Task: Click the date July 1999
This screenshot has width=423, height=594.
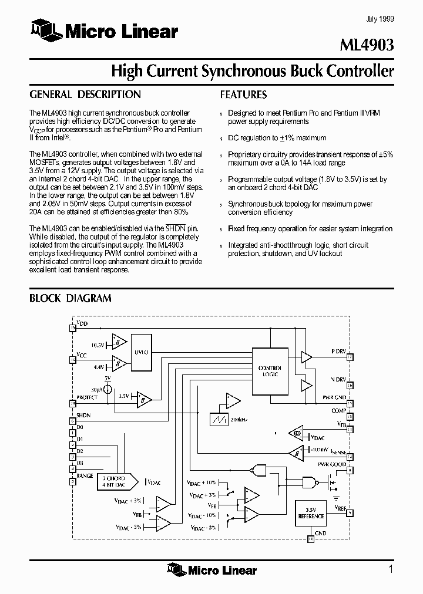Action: click(380, 19)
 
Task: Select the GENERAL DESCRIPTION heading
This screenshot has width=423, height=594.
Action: click(85, 95)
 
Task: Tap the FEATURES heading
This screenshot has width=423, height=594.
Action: click(243, 95)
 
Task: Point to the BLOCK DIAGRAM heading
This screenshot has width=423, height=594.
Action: click(70, 298)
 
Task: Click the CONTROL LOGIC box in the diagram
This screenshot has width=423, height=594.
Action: click(270, 371)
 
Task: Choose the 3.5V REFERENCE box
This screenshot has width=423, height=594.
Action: click(311, 514)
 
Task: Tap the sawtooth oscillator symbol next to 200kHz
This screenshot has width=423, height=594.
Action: click(220, 420)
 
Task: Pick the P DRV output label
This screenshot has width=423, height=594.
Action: click(338, 352)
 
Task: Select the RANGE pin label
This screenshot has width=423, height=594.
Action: click(85, 475)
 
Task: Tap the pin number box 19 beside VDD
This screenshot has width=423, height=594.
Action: click(73, 328)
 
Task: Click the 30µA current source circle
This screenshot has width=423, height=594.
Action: click(108, 390)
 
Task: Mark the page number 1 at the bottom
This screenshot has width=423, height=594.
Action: click(391, 569)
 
